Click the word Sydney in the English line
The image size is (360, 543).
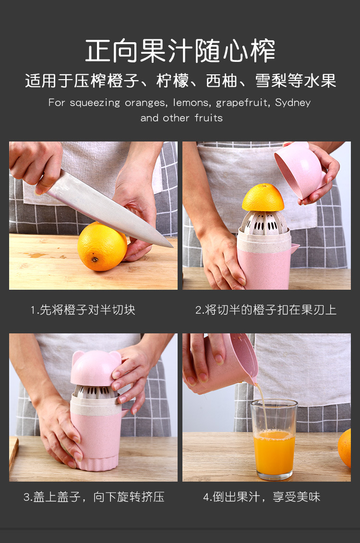pos(293,103)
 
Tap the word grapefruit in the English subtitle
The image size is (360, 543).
pos(243,103)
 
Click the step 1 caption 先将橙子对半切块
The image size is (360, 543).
pos(83,309)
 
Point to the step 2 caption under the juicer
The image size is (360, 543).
pos(266,309)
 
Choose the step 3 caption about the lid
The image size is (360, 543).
pos(94,497)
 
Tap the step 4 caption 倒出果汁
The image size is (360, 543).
pos(262,497)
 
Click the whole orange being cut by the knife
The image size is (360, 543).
pos(102,247)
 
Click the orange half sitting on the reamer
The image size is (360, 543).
pos(263,198)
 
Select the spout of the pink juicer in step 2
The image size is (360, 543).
pos(295,248)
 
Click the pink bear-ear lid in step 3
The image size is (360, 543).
pos(96,368)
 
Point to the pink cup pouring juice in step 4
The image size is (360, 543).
pos(225,364)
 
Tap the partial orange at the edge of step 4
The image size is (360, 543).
pos(345,448)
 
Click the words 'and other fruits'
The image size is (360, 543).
pos(181,118)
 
